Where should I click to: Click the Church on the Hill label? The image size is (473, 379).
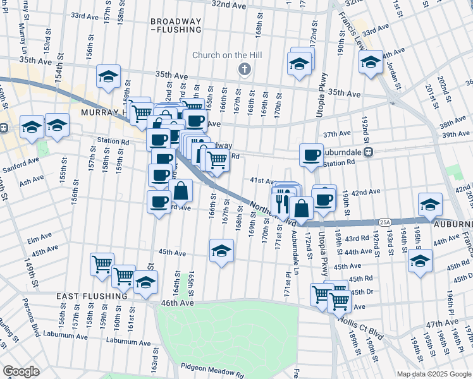(228, 55)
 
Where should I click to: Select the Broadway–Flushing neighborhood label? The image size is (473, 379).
(176, 25)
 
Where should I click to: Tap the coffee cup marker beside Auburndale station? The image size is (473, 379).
(310, 155)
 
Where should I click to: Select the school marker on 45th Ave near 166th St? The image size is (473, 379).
(221, 251)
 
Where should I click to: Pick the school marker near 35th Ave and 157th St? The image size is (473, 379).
(109, 77)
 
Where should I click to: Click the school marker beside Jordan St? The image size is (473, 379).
(371, 62)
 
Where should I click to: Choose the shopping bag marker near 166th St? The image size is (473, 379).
(181, 191)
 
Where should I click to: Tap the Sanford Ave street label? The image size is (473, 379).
(25, 160)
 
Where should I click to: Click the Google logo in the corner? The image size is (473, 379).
(21, 371)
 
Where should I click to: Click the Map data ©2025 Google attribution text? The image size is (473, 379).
(433, 374)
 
